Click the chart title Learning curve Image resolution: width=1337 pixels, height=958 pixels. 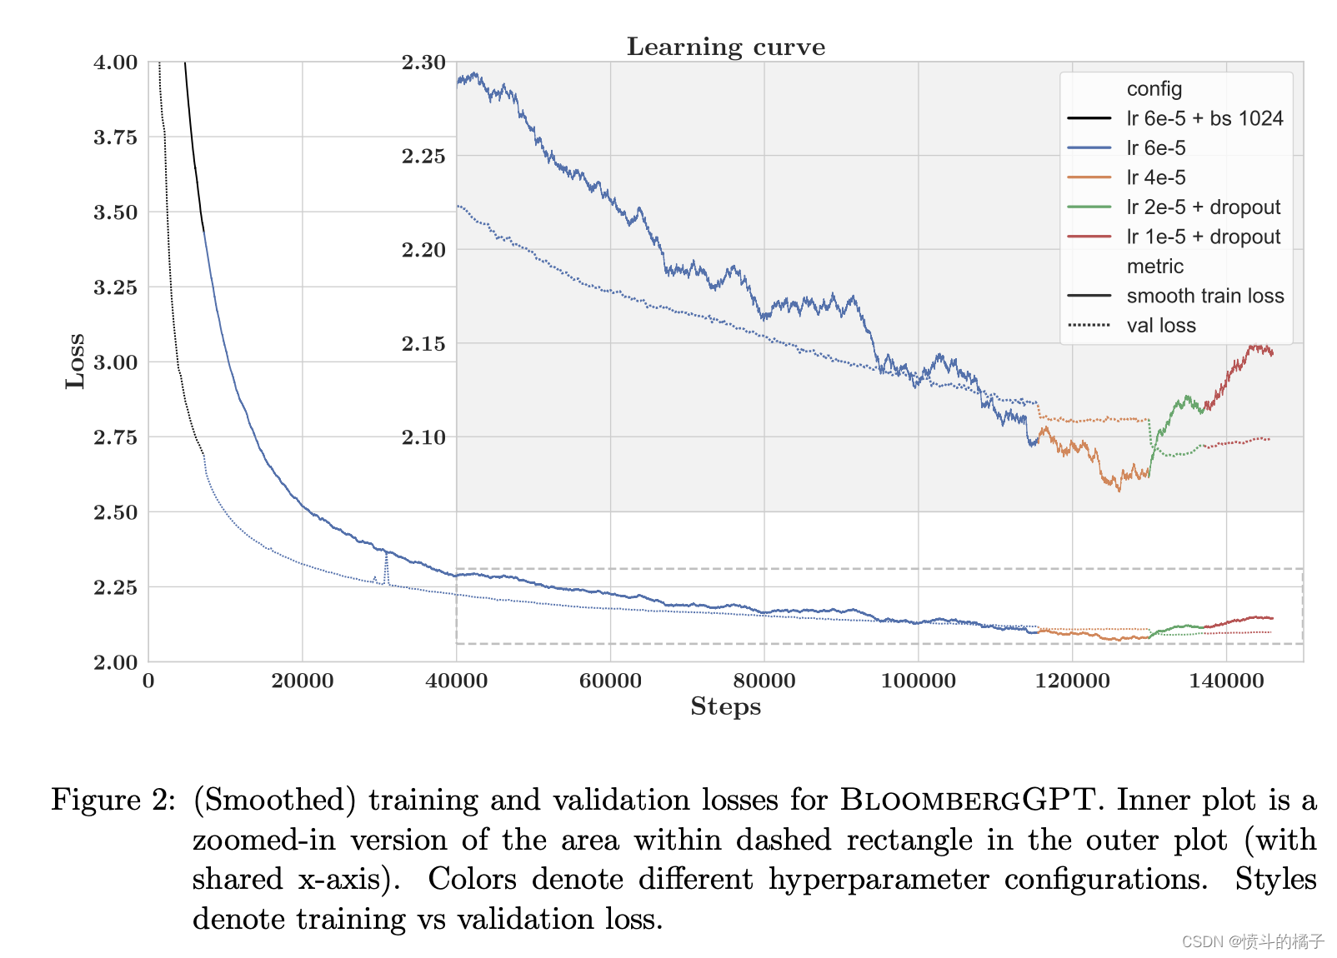pyautogui.click(x=725, y=47)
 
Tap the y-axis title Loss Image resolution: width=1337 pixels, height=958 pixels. pyautogui.click(x=76, y=361)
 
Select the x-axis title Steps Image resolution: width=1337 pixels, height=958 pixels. pyautogui.click(x=725, y=706)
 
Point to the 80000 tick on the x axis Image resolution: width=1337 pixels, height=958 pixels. pyautogui.click(x=764, y=681)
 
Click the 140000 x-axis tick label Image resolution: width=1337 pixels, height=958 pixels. pyautogui.click(x=1226, y=681)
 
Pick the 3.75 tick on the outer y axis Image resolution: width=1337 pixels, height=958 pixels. pyautogui.click(x=115, y=137)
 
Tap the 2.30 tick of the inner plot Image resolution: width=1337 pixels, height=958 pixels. pyautogui.click(x=423, y=62)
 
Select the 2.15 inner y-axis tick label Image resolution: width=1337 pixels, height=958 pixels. pyautogui.click(x=423, y=343)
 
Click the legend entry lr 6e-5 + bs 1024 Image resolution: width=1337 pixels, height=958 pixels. pyautogui.click(x=1204, y=118)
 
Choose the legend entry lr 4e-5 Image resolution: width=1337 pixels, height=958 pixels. pyautogui.click(x=1155, y=177)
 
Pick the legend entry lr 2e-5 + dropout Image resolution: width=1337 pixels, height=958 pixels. pyautogui.click(x=1203, y=207)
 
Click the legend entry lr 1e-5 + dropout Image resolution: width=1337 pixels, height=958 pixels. pyautogui.click(x=1203, y=237)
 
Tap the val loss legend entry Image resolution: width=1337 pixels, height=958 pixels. pyautogui.click(x=1160, y=326)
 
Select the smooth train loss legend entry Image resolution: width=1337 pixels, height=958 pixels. pyautogui.click(x=1204, y=296)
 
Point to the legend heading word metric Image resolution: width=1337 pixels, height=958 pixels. pyautogui.click(x=1154, y=267)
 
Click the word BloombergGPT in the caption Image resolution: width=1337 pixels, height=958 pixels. pyautogui.click(x=966, y=800)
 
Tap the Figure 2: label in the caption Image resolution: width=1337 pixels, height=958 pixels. pyautogui.click(x=113, y=800)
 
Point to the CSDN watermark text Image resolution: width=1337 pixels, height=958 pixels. pyautogui.click(x=1252, y=941)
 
